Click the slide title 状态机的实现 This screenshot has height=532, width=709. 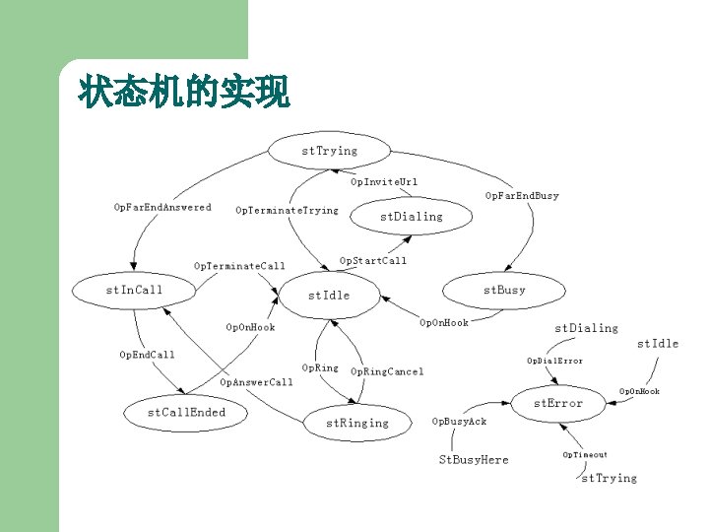coord(184,94)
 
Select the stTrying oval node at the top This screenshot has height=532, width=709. coord(329,152)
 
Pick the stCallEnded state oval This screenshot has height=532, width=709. coord(186,413)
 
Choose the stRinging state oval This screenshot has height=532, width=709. coord(357,423)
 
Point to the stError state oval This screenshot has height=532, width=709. coord(557,403)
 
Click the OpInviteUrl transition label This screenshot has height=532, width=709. coord(384,181)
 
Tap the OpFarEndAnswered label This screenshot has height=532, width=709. coord(162,207)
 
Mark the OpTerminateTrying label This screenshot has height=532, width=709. coord(287,210)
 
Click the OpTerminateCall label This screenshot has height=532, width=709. coord(239,266)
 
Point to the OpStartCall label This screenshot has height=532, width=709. coord(372,261)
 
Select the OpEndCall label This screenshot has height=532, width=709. coord(147,355)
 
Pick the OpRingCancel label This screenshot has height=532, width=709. coord(387,371)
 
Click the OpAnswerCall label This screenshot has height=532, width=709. coord(256,382)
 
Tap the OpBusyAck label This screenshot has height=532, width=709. coord(459,421)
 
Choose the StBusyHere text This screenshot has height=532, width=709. coord(474,459)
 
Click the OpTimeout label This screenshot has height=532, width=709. coord(585,454)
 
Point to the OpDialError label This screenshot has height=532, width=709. coord(554,361)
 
